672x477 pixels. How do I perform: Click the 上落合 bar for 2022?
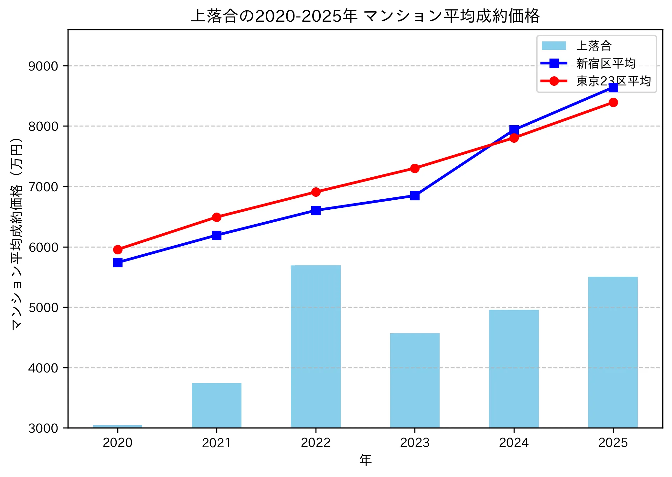coord(315,346)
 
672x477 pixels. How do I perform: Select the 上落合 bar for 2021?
coord(217,405)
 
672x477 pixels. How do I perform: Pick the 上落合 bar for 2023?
coord(415,380)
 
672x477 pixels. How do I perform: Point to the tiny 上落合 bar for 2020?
coord(117,427)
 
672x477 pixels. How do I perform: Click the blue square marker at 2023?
coord(415,195)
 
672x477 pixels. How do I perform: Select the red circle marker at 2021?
coord(217,217)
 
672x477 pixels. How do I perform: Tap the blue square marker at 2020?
coord(118,262)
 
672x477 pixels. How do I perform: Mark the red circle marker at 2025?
coord(613,102)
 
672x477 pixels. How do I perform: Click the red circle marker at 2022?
coord(316,192)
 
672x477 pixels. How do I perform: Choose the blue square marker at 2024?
coord(514,130)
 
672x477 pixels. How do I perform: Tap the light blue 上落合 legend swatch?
coord(554,46)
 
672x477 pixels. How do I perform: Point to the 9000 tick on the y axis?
coord(43,66)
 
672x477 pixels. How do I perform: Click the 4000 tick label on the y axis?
coord(43,368)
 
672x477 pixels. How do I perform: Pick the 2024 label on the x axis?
coord(514,443)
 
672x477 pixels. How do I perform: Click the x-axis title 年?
coord(365,460)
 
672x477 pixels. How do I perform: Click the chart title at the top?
coord(365,16)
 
